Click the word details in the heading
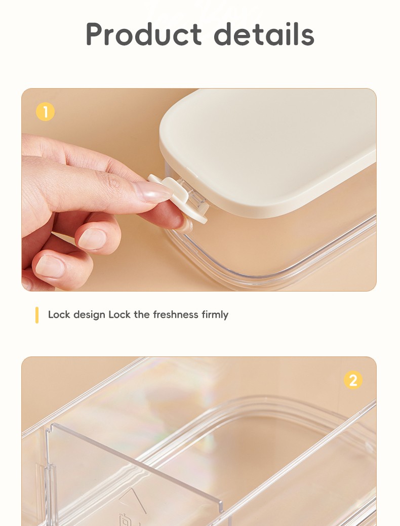click(x=264, y=33)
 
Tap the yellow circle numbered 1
click(x=45, y=112)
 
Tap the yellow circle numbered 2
click(x=353, y=380)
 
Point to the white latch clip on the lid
click(x=178, y=198)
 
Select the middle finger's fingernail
click(x=92, y=239)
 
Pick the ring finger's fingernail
click(x=50, y=266)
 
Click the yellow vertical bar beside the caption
click(x=37, y=315)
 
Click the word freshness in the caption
click(x=176, y=315)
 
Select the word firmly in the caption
click(x=215, y=315)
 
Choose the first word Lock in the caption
click(x=59, y=315)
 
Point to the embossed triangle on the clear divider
click(x=133, y=500)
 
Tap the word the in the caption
click(x=142, y=315)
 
